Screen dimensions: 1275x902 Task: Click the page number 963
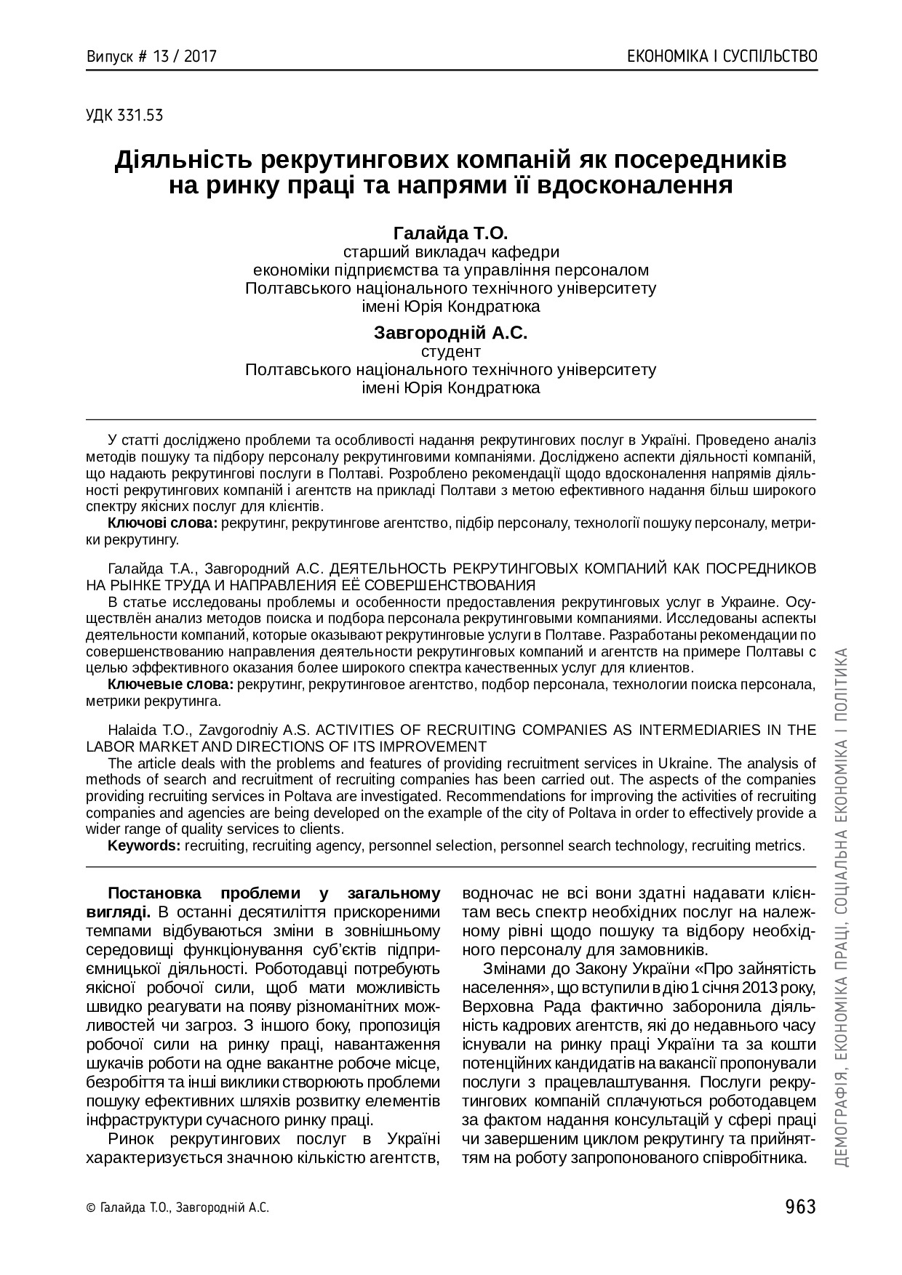801,1207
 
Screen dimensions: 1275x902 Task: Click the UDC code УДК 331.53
124,114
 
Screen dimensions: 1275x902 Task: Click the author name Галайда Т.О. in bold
450,233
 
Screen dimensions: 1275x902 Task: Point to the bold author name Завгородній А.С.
450,333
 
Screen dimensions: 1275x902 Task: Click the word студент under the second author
451,351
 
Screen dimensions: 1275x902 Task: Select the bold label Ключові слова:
162,523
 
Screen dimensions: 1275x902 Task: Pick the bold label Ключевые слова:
170,685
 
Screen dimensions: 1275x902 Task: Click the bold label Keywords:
144,845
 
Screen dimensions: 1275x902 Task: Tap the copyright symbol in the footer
90,1208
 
